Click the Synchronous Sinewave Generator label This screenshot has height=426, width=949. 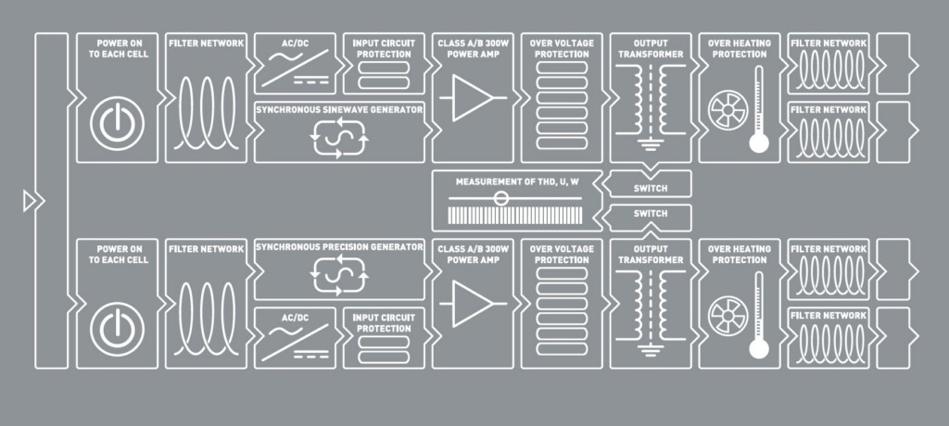[339, 109]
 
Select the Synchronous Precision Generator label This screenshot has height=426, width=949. [339, 247]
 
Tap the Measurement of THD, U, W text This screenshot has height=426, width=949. [512, 182]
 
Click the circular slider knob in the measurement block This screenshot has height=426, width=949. [501, 198]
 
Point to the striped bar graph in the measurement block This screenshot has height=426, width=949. [515, 216]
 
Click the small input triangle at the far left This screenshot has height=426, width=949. [30, 201]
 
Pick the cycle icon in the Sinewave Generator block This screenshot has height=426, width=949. [338, 138]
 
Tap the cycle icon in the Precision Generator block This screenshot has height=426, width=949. [338, 274]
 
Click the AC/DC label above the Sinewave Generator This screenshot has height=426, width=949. [295, 43]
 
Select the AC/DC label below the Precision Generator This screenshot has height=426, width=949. [295, 318]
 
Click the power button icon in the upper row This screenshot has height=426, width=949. [117, 123]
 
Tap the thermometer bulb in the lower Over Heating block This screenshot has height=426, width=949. [759, 348]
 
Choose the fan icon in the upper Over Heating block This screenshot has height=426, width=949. [728, 109]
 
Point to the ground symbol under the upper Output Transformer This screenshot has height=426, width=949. [650, 144]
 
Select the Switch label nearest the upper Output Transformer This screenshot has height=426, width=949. [651, 188]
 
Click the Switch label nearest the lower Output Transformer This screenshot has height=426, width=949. [651, 214]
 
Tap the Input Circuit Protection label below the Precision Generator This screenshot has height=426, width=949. [384, 323]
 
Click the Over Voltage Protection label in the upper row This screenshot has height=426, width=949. [562, 48]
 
